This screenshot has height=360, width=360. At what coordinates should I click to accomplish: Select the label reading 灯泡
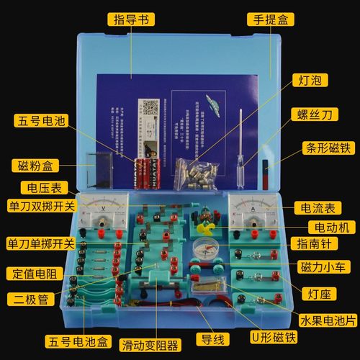[311, 79]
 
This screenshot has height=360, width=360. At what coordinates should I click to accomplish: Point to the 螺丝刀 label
[315, 114]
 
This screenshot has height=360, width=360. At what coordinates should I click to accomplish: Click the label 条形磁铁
[324, 149]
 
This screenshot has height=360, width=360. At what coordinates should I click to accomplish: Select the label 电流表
[320, 207]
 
